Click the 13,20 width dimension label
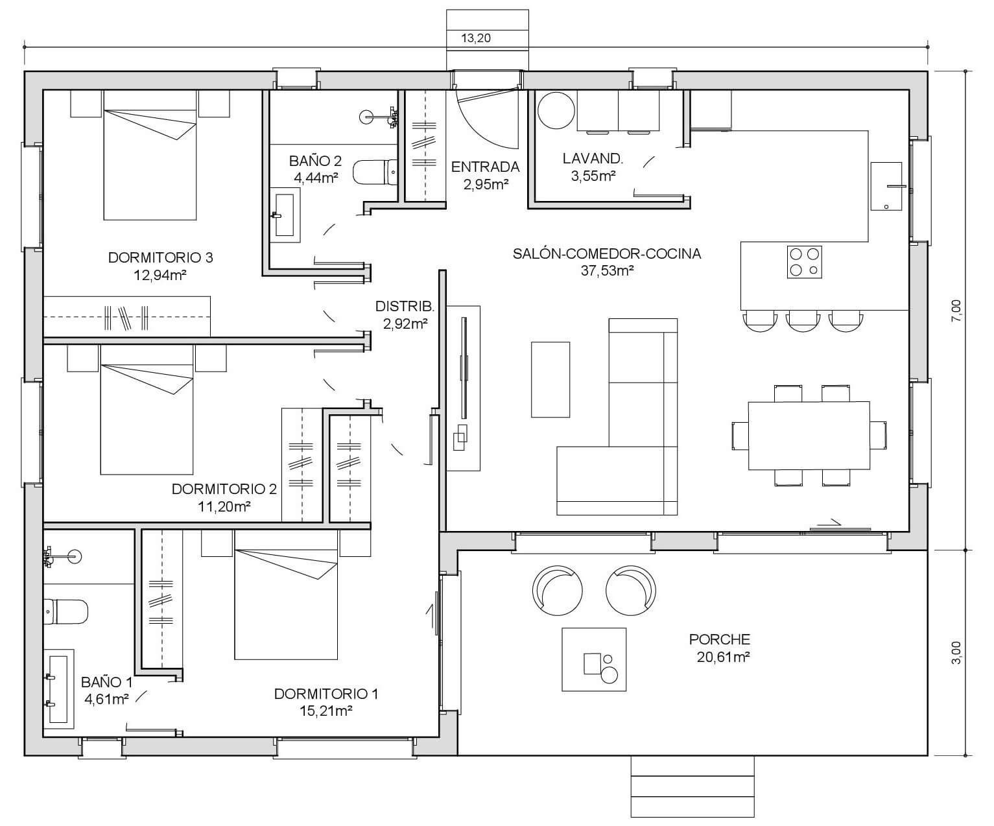pyautogui.click(x=475, y=38)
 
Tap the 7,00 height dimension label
pyautogui.click(x=956, y=311)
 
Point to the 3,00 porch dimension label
pyautogui.click(x=956, y=652)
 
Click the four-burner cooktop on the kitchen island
pyautogui.click(x=804, y=262)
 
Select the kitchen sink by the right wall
pyautogui.click(x=886, y=186)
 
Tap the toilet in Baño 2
pyautogui.click(x=375, y=172)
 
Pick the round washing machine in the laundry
pyautogui.click(x=556, y=110)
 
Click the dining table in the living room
pyautogui.click(x=809, y=436)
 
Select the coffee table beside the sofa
pyautogui.click(x=550, y=379)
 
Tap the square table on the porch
pyautogui.click(x=594, y=659)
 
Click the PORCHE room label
pyautogui.click(x=719, y=639)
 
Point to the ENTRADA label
pyautogui.click(x=485, y=167)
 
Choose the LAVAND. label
pyautogui.click(x=593, y=159)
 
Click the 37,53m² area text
pyautogui.click(x=607, y=270)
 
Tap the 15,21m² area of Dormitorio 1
pyautogui.click(x=326, y=711)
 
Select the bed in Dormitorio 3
pyautogui.click(x=150, y=155)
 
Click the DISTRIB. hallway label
pyautogui.click(x=405, y=307)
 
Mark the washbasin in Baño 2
pyautogui.click(x=285, y=215)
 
